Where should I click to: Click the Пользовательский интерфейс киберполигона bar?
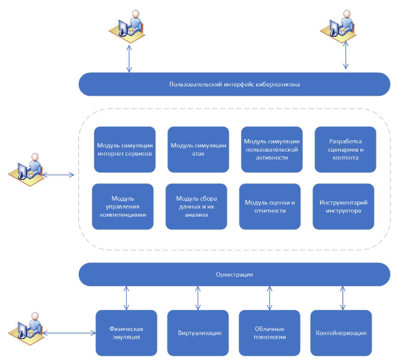(234, 84)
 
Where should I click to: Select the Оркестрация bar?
(234, 274)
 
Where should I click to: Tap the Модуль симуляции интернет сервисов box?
(125, 149)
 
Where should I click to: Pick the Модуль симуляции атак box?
(198, 149)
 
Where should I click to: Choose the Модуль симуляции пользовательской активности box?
(272, 149)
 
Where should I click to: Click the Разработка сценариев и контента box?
(345, 149)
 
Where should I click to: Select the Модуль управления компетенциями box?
(123, 206)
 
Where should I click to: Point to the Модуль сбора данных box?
(196, 206)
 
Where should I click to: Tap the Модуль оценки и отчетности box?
(270, 206)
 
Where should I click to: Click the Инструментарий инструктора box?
(343, 206)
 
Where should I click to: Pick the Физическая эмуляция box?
(126, 332)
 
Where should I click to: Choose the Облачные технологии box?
(270, 332)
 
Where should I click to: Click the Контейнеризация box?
(341, 332)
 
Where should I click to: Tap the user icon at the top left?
(127, 27)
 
